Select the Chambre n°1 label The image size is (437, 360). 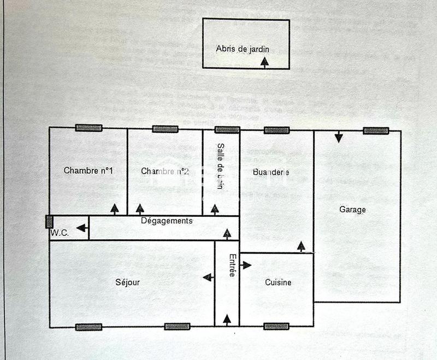(x=88, y=171)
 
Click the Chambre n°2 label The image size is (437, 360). (x=165, y=172)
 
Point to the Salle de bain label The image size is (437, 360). (x=221, y=167)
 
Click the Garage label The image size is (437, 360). (x=352, y=209)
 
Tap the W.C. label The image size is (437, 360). (x=60, y=233)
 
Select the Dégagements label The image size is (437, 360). (x=167, y=221)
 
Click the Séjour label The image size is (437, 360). (x=127, y=282)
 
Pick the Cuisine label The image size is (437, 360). (x=278, y=282)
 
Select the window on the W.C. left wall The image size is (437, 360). (x=49, y=222)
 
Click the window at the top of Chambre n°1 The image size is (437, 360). (x=88, y=128)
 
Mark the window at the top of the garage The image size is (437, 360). (x=376, y=131)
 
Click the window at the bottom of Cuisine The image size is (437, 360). (x=276, y=327)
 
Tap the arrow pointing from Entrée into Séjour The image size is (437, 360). (x=208, y=278)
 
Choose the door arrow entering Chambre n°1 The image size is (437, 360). (x=115, y=209)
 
